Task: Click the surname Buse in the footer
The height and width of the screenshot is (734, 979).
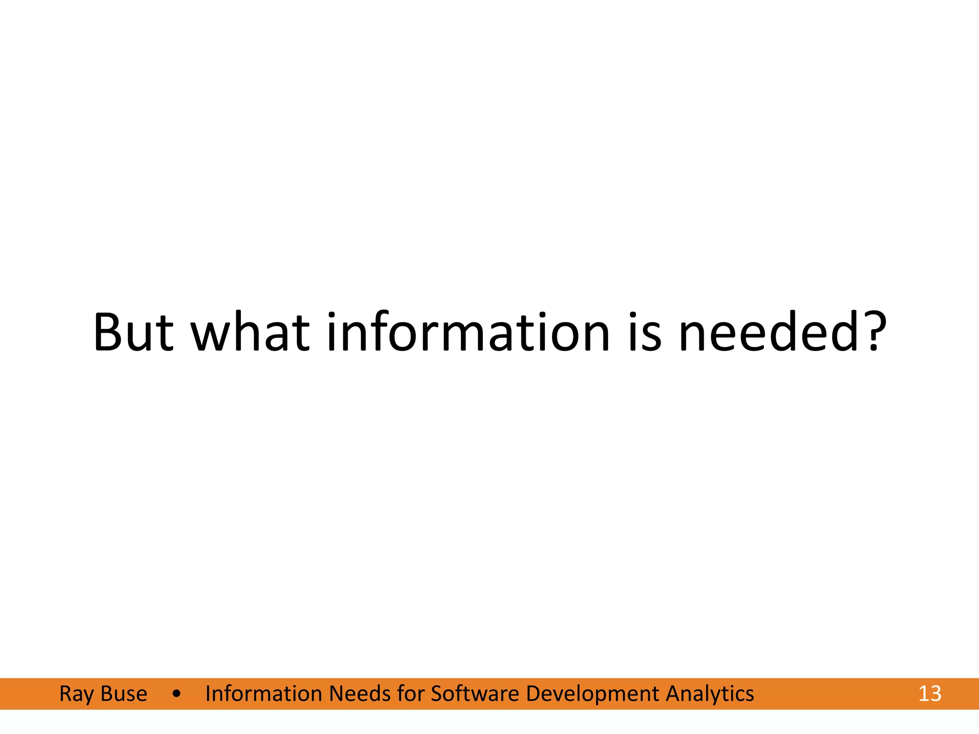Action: click(124, 694)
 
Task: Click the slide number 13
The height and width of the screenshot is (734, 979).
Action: click(930, 694)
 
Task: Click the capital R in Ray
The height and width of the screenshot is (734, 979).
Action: click(65, 694)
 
